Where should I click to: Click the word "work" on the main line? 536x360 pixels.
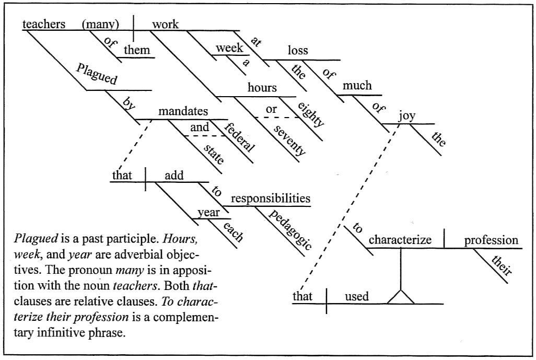coord(165,25)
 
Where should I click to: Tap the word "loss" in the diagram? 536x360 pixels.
coord(298,51)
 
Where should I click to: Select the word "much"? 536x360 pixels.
coord(357,85)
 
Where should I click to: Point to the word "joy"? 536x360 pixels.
coord(406,116)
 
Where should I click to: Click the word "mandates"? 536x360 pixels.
coord(183,111)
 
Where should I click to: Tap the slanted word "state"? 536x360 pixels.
coord(213,152)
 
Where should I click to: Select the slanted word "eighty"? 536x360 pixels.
coord(311,114)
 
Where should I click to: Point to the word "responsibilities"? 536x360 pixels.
coord(271,199)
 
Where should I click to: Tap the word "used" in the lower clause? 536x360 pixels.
coord(357,297)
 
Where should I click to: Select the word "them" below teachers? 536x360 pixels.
coord(136,51)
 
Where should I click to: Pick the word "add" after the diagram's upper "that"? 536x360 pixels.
coord(174,176)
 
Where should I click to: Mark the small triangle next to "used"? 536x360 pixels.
coord(401,297)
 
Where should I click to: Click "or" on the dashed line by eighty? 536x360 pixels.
coord(271,110)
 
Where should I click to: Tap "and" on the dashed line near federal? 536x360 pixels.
coord(200,127)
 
